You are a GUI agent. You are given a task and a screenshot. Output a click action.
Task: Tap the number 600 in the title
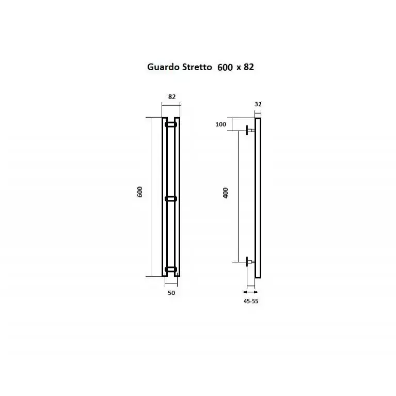pyautogui.click(x=225, y=67)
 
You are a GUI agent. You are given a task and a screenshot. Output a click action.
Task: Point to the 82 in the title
pyautogui.click(x=249, y=67)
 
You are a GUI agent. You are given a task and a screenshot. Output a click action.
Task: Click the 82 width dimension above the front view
pyautogui.click(x=172, y=97)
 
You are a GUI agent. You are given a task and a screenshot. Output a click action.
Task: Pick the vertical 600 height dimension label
pyautogui.click(x=140, y=192)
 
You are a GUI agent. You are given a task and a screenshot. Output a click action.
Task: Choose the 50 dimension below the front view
pyautogui.click(x=171, y=293)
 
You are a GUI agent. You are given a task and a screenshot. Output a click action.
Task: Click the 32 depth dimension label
pyautogui.click(x=258, y=104)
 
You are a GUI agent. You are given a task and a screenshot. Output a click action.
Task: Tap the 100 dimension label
pyautogui.click(x=221, y=124)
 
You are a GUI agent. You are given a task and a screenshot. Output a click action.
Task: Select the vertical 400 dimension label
pyautogui.click(x=226, y=193)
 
